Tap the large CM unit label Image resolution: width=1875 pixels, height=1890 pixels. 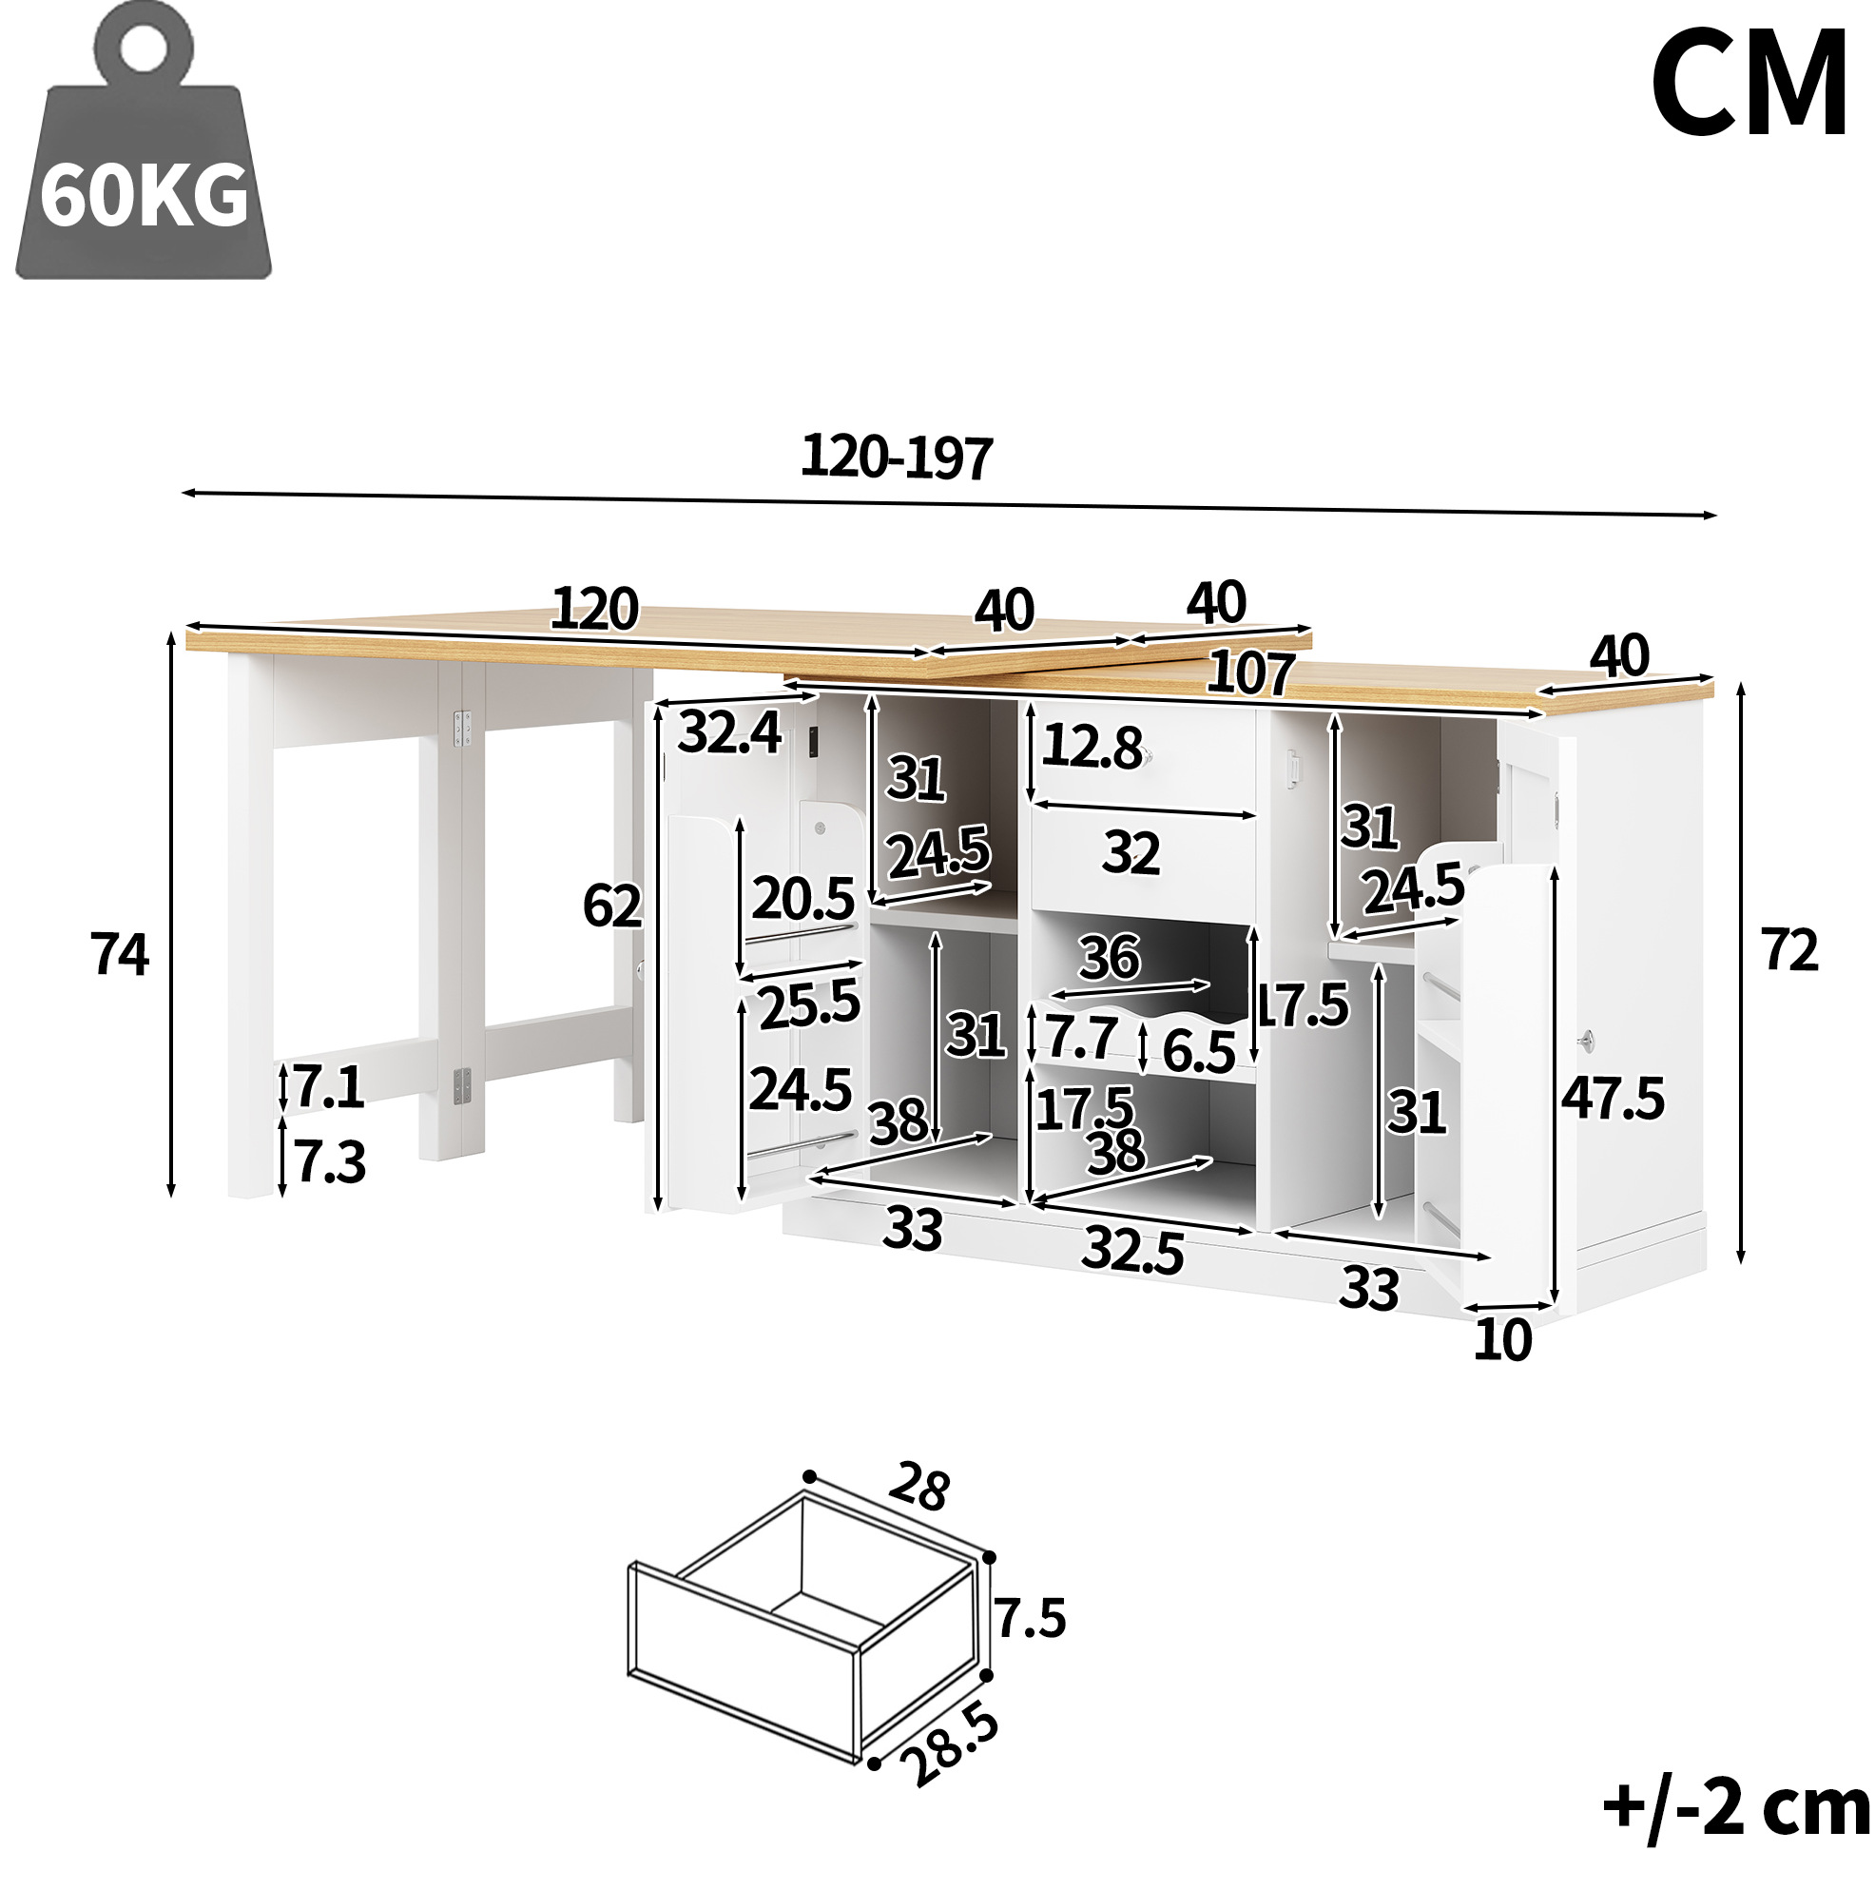1749,84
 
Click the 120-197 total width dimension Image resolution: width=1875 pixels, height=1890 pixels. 897,457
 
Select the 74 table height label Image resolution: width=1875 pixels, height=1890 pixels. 120,954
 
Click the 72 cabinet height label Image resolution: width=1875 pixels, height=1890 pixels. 1790,949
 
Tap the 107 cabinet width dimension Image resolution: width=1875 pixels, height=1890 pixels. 1251,673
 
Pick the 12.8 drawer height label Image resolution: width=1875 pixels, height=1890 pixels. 1092,747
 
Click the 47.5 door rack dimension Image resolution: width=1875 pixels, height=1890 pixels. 1612,1098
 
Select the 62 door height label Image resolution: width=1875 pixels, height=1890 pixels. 612,905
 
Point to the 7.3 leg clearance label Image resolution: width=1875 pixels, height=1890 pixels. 330,1162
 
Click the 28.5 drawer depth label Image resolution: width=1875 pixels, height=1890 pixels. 950,1745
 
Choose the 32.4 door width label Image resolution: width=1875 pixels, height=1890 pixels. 729,731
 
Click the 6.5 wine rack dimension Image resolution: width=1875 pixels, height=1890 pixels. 1199,1052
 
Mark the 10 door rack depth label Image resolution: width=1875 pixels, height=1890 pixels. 1502,1339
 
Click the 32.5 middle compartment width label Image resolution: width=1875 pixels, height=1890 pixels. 1132,1250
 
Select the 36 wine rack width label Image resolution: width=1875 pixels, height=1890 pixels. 1110,957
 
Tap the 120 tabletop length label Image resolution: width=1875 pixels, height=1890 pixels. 594,609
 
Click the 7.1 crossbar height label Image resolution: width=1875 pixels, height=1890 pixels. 329,1087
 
